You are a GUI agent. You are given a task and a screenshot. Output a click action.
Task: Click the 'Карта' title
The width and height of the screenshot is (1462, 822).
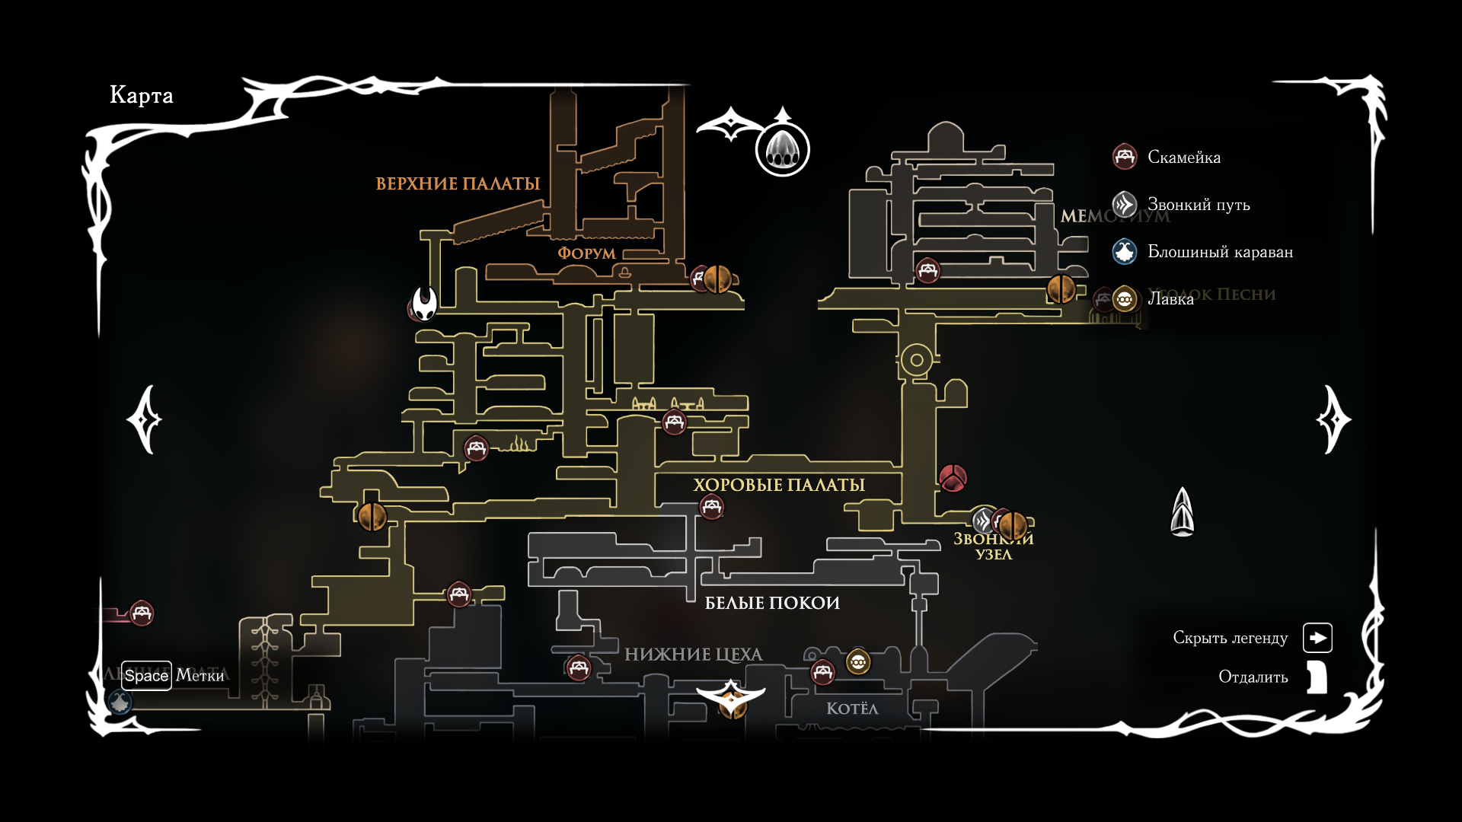point(142,95)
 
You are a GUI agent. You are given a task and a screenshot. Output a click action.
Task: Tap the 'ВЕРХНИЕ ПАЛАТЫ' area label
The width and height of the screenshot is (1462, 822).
point(458,184)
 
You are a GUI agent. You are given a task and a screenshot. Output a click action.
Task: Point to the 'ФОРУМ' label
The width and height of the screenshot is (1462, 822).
point(586,253)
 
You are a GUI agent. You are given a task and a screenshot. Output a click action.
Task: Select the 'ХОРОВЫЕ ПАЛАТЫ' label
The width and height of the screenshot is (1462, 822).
point(779,486)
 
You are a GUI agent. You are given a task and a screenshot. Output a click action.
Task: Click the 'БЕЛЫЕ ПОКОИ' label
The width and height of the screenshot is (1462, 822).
point(772,604)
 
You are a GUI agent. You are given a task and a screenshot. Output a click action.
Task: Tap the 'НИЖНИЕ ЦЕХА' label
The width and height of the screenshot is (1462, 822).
point(693,655)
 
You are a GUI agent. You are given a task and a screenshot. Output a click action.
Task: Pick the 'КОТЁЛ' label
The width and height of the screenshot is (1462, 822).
point(852,709)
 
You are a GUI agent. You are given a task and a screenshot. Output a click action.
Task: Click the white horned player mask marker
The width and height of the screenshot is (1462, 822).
point(425,303)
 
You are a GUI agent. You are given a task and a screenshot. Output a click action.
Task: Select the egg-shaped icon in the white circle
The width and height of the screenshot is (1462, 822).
point(782,149)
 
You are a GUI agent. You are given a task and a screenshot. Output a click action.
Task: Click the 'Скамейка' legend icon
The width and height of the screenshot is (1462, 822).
point(1125,157)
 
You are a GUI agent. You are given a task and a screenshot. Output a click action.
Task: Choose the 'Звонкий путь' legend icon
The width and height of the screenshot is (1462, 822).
point(1125,205)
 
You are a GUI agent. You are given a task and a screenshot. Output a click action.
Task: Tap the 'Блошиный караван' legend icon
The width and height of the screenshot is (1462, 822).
point(1125,252)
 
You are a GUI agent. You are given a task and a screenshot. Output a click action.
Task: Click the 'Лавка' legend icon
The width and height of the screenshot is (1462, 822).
point(1125,299)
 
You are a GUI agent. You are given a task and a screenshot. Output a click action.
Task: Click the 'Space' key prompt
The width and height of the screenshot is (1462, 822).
point(146,676)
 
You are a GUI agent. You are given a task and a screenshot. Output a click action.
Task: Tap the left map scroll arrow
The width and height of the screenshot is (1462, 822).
point(145,419)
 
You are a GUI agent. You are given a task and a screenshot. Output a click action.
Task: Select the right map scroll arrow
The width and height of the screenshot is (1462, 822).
point(1333,419)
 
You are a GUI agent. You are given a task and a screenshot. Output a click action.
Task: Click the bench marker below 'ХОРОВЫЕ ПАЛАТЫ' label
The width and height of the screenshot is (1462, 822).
point(711,507)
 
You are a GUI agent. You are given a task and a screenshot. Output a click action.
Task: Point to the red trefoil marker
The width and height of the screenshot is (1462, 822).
point(953,478)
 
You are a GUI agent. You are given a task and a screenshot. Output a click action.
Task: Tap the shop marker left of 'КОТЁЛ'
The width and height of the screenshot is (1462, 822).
point(858,662)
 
